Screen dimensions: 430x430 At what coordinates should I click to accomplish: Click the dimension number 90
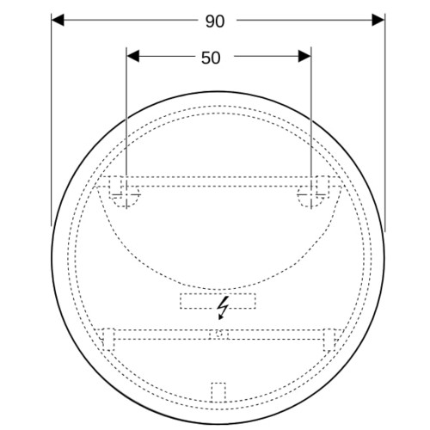[215, 21]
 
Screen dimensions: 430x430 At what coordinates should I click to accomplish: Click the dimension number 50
[211, 58]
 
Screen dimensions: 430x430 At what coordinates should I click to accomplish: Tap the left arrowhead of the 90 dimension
[58, 20]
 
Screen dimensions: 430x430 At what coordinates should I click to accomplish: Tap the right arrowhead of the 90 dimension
[378, 20]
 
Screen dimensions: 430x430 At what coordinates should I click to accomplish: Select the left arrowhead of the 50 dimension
[132, 56]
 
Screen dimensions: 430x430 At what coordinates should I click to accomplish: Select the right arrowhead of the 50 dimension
[304, 56]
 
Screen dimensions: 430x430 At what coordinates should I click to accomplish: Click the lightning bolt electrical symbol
[223, 308]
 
